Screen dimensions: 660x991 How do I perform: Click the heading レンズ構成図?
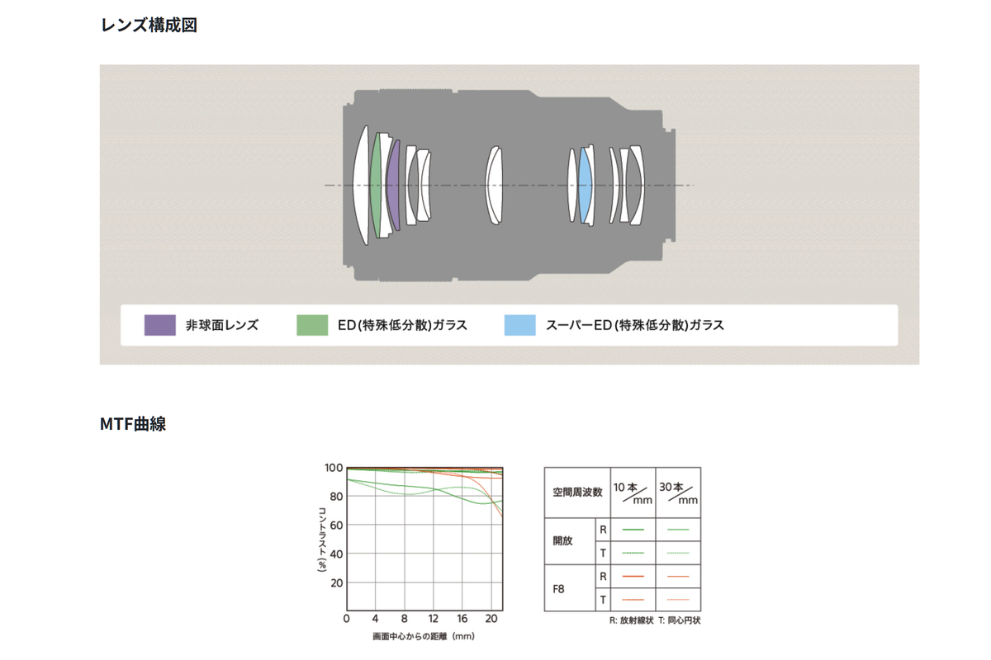coord(149,26)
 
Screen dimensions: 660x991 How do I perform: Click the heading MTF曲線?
coord(133,425)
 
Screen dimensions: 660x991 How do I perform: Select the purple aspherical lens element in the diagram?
coord(394,186)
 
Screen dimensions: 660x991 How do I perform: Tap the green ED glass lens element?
coord(377,186)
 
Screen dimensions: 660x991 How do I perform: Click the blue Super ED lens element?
coord(586,186)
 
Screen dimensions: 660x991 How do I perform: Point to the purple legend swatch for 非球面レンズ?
coord(159,325)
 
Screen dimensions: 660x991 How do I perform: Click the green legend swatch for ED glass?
coord(312,325)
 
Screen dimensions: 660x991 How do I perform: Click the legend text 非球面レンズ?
coord(221,325)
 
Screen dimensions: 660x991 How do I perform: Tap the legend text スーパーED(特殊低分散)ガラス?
coord(635,325)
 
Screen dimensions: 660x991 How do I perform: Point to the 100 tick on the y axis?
coord(334,468)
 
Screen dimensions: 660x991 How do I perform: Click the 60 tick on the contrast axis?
coord(336,526)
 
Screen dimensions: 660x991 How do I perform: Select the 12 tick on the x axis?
coord(434,620)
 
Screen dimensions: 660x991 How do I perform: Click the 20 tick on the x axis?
coord(491,620)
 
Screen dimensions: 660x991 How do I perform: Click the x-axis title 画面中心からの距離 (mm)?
coord(424,637)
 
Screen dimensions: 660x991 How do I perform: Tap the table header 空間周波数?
coord(577,493)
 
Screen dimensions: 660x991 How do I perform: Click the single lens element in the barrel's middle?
coord(494,186)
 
